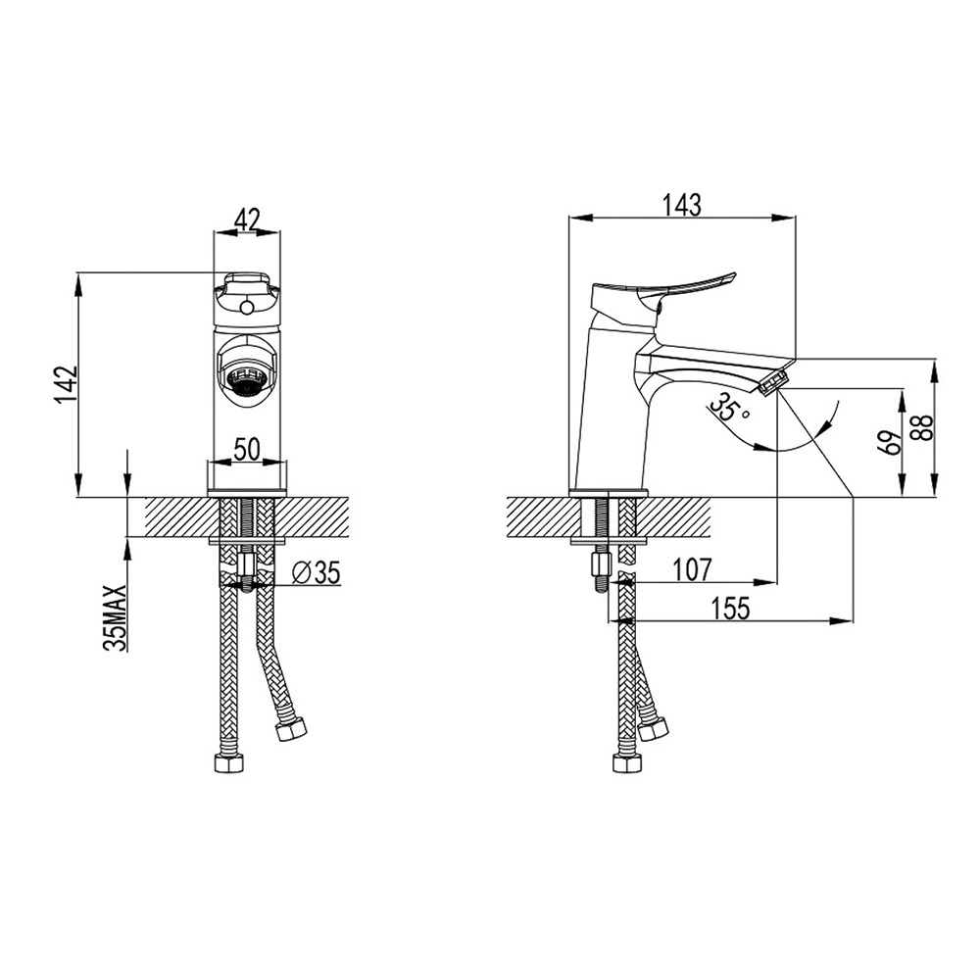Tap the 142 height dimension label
click(66, 384)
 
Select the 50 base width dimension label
click(248, 450)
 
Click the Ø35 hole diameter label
click(317, 572)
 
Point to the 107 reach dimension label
click(692, 569)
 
